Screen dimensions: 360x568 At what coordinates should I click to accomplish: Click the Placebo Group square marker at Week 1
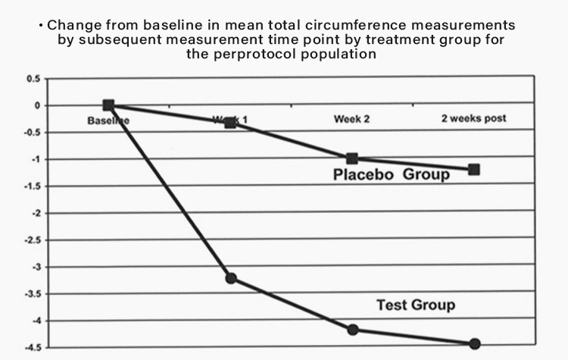pos(230,121)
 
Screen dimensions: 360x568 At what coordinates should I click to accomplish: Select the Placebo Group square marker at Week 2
pos(351,158)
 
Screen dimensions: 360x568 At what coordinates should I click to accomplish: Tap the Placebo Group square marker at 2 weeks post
pos(474,169)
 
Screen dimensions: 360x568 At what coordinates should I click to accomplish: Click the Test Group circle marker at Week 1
pos(230,278)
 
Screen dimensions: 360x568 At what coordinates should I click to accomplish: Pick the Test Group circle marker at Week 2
pos(352,330)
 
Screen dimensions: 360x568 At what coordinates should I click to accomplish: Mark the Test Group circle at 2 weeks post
pos(475,344)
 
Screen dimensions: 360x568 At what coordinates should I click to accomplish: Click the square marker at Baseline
pos(108,105)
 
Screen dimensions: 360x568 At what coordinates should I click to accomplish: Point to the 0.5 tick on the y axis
pos(33,79)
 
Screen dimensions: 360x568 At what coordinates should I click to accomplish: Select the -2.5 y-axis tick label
pos(32,240)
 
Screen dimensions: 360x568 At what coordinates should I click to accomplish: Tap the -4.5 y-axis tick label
pos(32,348)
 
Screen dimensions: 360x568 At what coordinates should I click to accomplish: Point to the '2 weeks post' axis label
pos(473,118)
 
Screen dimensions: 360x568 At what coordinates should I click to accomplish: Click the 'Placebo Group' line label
pos(392,176)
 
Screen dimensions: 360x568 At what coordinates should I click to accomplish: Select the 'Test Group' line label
pos(416,305)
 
